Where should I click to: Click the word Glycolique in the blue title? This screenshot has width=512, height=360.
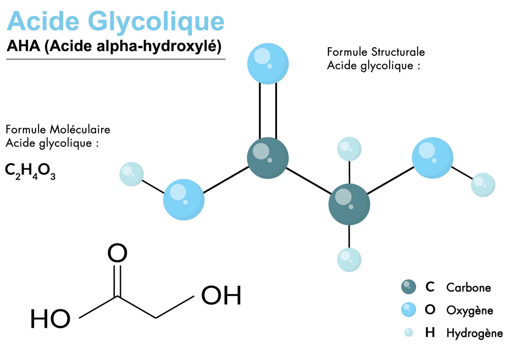156,21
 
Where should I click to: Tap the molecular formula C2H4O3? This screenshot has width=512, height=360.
30,171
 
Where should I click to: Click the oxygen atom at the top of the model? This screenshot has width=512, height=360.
268,63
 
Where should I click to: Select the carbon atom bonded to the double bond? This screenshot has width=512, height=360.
268,158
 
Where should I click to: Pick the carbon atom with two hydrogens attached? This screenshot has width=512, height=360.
349,204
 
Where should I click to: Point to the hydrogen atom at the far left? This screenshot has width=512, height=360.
131,174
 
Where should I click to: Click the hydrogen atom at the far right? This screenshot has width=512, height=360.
483,185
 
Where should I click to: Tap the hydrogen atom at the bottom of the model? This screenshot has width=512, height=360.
349,260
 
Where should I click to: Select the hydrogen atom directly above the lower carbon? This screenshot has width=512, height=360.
349,149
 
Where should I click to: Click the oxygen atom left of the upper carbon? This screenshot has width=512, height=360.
184,200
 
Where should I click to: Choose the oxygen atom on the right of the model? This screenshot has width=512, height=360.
432,158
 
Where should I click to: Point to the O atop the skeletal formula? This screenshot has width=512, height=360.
117,253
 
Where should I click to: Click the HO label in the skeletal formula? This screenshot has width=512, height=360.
50,319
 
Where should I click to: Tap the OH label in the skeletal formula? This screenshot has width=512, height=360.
221,295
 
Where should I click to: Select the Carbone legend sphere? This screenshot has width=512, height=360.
408,287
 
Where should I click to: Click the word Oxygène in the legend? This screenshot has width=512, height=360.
469,310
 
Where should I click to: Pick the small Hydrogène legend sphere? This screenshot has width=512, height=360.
408,332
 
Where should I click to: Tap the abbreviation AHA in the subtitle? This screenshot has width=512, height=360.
23,46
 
